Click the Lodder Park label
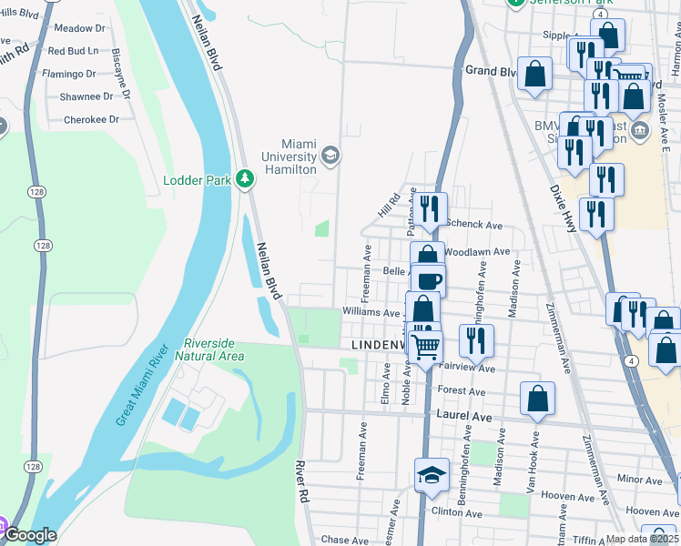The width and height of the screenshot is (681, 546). [197, 180]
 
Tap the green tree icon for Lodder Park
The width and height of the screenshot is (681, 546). [244, 178]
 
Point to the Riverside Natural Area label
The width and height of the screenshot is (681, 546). [214, 349]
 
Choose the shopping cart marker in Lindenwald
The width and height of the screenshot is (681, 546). [425, 345]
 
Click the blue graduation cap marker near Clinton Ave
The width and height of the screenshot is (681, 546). [432, 473]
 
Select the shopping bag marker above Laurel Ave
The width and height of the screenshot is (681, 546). [538, 398]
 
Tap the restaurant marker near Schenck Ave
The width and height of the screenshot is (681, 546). [431, 208]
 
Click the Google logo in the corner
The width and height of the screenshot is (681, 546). [29, 536]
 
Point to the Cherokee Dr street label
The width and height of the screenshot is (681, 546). [91, 119]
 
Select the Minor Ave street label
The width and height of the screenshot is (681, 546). [639, 479]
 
